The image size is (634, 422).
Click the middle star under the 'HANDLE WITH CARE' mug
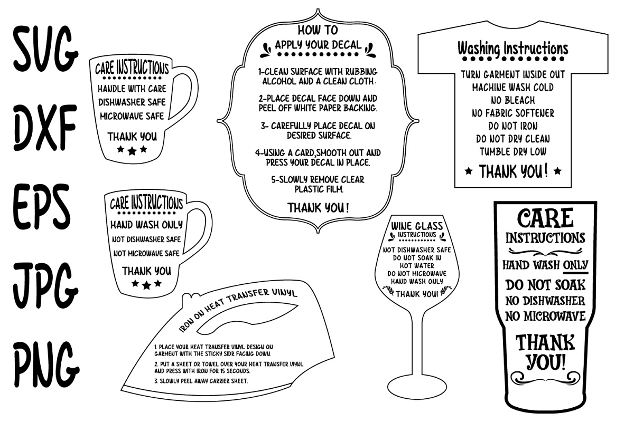[132, 151]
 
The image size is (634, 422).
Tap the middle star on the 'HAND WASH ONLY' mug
[147, 285]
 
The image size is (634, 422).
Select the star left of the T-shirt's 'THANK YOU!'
[469, 171]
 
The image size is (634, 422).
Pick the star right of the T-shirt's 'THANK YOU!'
[557, 171]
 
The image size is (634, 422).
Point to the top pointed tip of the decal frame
[318, 9]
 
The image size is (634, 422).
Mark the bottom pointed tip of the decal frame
[318, 233]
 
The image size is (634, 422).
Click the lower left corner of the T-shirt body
[455, 187]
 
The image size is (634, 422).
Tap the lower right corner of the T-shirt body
[571, 187]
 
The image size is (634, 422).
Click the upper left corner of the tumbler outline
[495, 202]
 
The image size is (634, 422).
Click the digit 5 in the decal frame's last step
[274, 179]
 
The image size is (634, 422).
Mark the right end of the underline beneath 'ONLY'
[588, 273]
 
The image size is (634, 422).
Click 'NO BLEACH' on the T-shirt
[513, 100]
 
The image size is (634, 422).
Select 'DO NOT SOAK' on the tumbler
[545, 285]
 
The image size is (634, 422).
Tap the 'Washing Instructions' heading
[513, 49]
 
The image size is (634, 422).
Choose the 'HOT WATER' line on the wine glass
[417, 266]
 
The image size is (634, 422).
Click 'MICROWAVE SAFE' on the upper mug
[132, 116]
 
